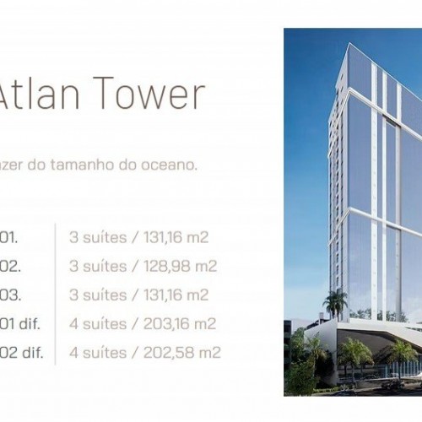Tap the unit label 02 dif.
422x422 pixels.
point(20,352)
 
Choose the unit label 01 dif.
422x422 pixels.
point(20,323)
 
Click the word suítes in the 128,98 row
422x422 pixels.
point(105,266)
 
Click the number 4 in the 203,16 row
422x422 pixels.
point(73,323)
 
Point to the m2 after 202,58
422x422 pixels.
point(209,352)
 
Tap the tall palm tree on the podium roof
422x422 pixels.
point(336,301)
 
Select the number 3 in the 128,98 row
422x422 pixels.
point(73,266)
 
